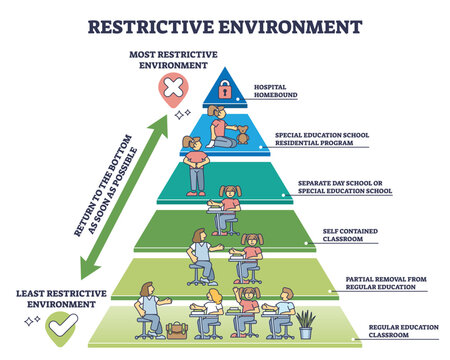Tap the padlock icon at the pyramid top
tap(224, 91)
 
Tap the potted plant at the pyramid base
tap(306, 323)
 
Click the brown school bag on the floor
tap(179, 329)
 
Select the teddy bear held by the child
tap(242, 133)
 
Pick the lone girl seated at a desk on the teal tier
tap(229, 208)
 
